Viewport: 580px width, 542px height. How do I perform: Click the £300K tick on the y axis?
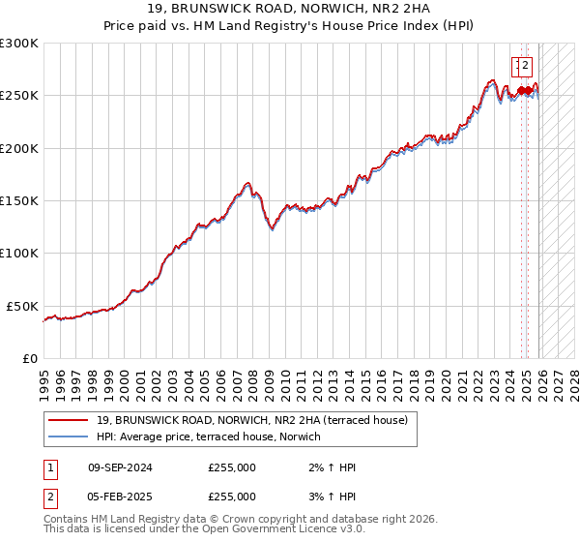click(x=19, y=44)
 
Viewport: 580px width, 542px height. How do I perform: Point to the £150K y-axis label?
click(x=19, y=201)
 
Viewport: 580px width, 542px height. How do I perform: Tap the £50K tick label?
click(x=22, y=306)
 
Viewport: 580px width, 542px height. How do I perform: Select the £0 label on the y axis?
click(x=31, y=358)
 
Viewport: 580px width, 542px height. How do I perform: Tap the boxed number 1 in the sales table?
click(x=49, y=467)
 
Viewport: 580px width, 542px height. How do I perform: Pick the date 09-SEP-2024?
click(x=120, y=467)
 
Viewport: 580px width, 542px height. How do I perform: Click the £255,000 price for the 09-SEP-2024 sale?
click(x=231, y=467)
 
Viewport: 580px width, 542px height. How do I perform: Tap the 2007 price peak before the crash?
click(x=247, y=182)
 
